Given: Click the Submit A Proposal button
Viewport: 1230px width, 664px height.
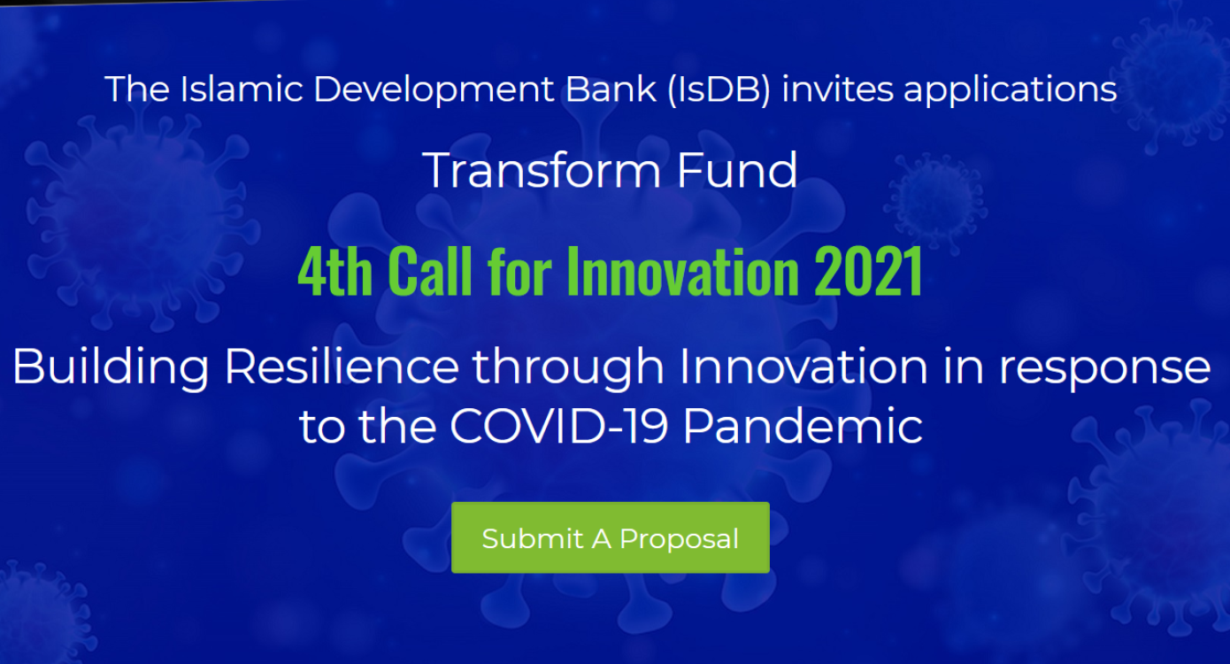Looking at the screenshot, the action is [x=610, y=537].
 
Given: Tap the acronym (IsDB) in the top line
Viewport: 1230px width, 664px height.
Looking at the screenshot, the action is [x=719, y=89].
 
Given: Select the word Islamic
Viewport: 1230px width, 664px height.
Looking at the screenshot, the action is [x=242, y=89].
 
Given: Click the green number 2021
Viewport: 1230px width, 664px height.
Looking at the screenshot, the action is [x=868, y=271].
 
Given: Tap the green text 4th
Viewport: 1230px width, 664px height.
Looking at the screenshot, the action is [x=335, y=271].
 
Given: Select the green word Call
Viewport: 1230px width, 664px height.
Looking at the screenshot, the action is [x=430, y=271].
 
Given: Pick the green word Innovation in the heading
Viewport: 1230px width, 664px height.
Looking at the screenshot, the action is [x=682, y=271].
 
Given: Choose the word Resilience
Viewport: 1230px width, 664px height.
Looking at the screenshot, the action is [x=342, y=367].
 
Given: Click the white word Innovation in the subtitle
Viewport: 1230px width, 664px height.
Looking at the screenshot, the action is [x=803, y=367].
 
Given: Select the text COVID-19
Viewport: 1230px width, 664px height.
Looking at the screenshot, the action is [x=558, y=426].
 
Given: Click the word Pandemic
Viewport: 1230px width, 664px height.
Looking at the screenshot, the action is [x=803, y=426].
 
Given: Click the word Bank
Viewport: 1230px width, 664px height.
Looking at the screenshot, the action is [x=611, y=89].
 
